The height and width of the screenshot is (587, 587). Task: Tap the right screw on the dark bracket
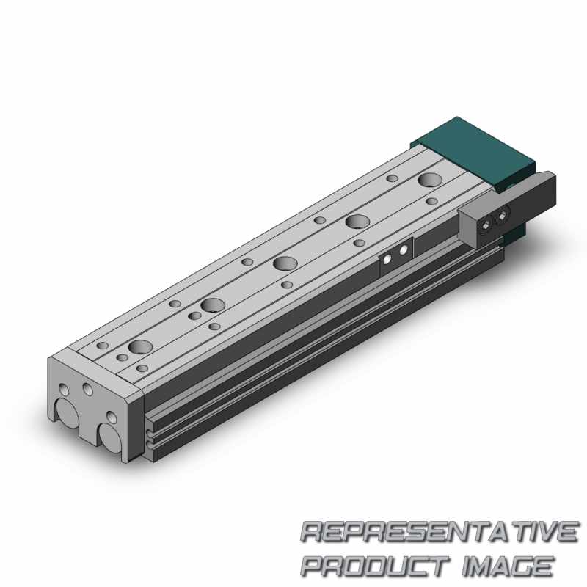(502, 216)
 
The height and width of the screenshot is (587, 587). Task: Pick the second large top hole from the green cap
(357, 222)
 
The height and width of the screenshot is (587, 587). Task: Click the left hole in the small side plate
(388, 258)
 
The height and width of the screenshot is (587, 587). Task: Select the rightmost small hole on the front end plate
(111, 417)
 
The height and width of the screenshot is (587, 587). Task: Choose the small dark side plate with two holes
(395, 255)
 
